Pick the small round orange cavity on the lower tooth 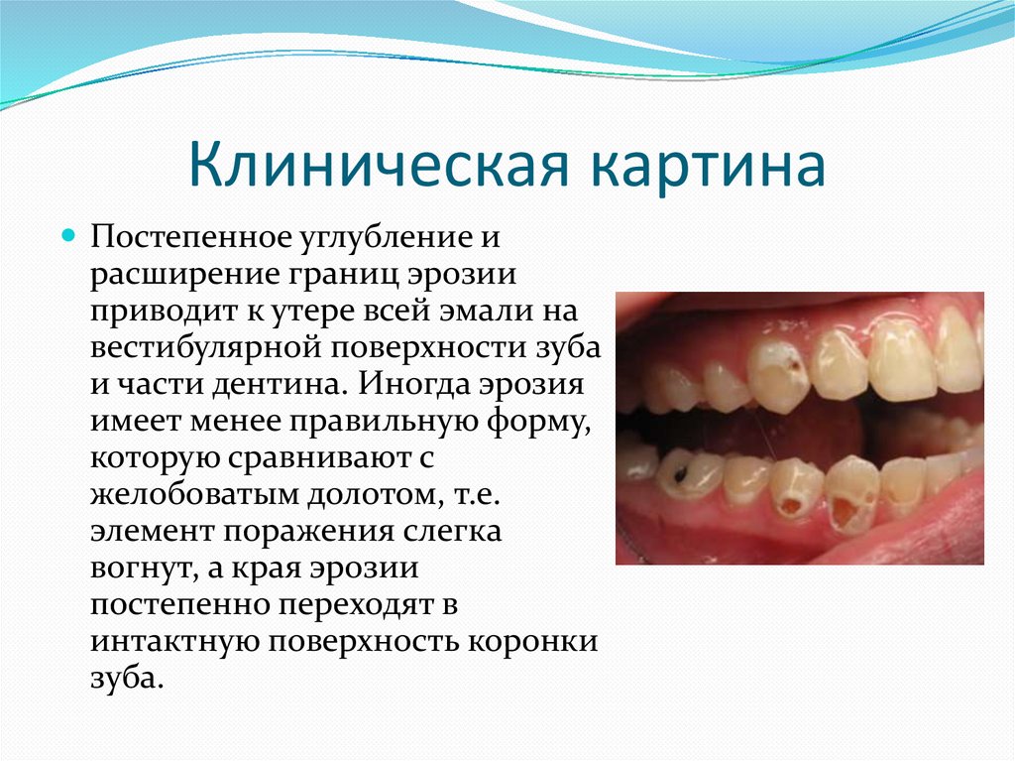click(x=791, y=506)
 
